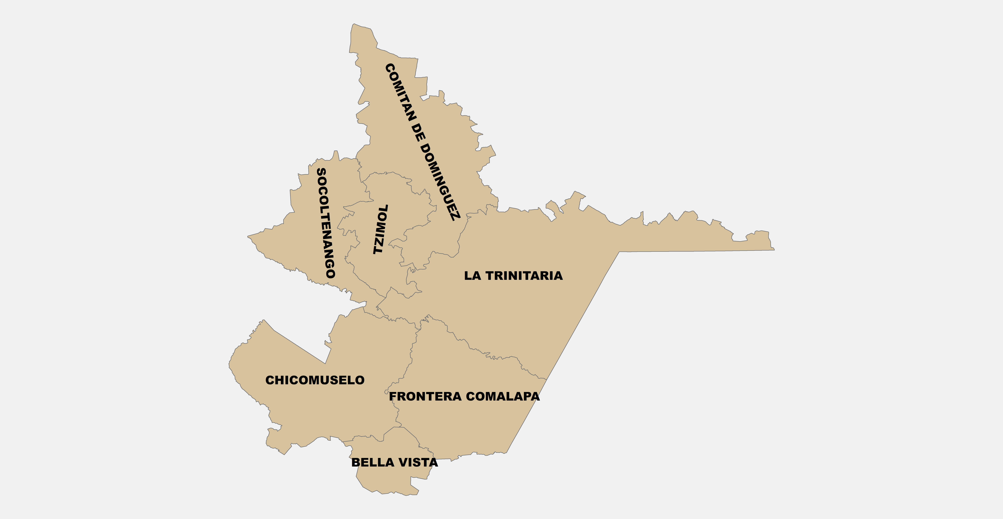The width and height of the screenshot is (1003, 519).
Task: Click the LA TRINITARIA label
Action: (x=513, y=276)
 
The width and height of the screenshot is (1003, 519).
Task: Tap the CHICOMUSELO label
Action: (x=315, y=380)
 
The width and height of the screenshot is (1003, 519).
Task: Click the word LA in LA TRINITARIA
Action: (x=472, y=276)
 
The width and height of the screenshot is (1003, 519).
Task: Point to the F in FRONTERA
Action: (x=393, y=396)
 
